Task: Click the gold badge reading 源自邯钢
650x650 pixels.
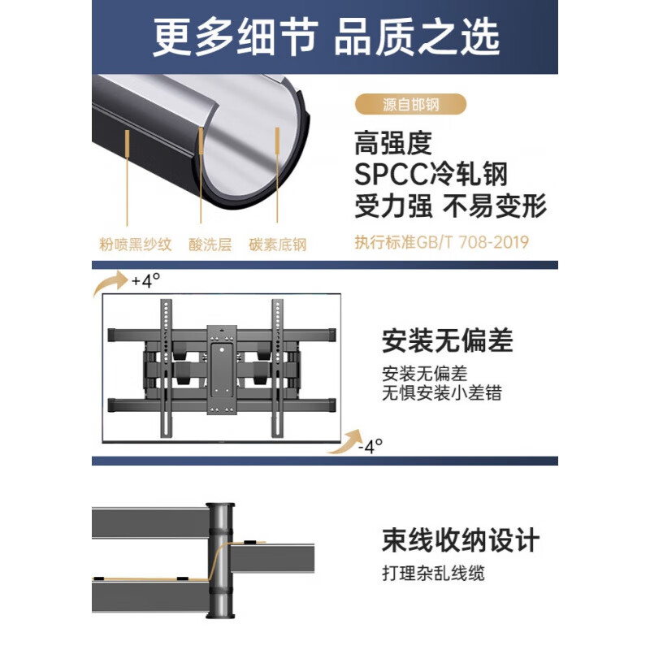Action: tap(410, 104)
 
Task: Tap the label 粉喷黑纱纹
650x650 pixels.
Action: tap(136, 245)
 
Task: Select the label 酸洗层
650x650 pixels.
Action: tap(210, 245)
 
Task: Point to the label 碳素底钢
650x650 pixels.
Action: tap(278, 245)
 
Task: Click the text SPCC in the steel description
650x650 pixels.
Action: tap(391, 174)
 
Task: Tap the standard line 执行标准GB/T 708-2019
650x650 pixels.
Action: tap(442, 242)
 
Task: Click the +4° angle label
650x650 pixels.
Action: tap(145, 280)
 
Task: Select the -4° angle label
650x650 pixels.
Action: tap(370, 446)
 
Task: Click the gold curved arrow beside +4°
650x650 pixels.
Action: tap(110, 283)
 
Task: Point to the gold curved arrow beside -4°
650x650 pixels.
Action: tap(344, 442)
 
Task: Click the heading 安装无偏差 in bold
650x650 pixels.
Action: tap(448, 340)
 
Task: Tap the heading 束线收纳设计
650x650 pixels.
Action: tap(461, 540)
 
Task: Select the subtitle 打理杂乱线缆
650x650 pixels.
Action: tap(433, 574)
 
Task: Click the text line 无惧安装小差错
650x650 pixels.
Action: tap(442, 392)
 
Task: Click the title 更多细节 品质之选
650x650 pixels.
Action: tap(327, 37)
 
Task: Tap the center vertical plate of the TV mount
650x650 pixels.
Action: tap(222, 370)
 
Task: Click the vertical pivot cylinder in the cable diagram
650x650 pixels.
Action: tap(220, 561)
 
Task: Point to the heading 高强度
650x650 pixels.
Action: tap(393, 143)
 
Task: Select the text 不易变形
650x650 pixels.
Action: tap(495, 206)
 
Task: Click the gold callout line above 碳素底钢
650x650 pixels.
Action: tap(277, 175)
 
